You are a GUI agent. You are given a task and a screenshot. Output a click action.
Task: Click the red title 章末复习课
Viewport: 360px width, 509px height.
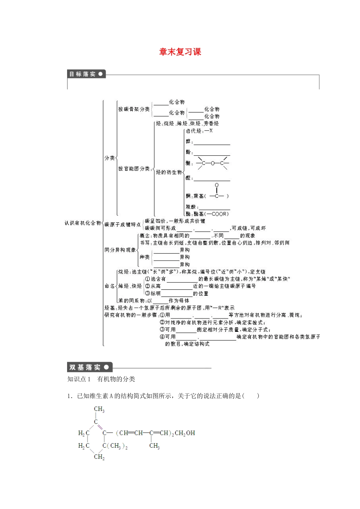coord(180,52)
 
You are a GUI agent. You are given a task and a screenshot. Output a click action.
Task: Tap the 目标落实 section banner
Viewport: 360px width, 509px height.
coord(86,74)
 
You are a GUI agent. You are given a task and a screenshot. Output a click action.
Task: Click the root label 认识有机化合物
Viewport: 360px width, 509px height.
coord(83,223)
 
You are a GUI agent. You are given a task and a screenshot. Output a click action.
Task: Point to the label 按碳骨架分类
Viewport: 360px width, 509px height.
coord(134,109)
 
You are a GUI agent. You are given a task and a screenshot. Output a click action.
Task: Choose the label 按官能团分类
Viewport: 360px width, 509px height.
coord(134,169)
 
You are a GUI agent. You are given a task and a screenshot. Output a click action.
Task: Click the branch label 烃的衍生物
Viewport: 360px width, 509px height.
coord(169,172)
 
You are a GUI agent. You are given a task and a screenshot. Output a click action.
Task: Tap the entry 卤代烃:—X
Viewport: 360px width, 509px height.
coord(199,131)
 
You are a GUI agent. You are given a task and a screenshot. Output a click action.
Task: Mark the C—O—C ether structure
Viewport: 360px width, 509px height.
coord(213,163)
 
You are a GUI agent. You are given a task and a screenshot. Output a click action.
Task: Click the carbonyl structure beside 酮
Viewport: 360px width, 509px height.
coord(217,192)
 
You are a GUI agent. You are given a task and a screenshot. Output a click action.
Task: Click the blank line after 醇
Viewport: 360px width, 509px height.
coord(212,142)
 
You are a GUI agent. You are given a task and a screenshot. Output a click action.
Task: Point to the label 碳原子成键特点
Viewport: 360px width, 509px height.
coord(122,225)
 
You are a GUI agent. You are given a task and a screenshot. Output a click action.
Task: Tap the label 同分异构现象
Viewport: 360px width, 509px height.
coord(120,250)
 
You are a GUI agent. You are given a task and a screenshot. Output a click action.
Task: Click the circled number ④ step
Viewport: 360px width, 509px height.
coord(162,337)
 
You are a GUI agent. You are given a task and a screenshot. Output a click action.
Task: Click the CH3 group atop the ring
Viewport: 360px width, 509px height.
coord(99,409)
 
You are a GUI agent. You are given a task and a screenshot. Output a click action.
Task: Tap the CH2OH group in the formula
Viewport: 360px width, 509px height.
coord(185,433)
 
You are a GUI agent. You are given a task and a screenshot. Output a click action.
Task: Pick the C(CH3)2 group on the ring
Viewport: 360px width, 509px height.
coord(115,446)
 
